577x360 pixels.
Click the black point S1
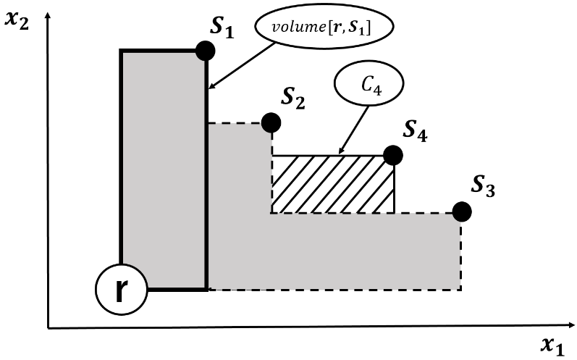(x=206, y=51)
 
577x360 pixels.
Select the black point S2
(x=271, y=122)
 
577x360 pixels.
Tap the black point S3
(x=462, y=212)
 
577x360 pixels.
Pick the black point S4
(x=393, y=155)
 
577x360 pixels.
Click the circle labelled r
(x=121, y=289)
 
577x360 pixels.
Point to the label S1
(x=222, y=28)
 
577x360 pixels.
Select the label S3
(x=483, y=186)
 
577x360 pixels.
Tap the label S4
(x=415, y=131)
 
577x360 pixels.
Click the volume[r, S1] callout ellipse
(x=324, y=27)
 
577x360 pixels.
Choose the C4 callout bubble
(x=369, y=84)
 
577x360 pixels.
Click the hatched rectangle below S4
(x=333, y=184)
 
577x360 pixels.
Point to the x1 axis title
(x=552, y=346)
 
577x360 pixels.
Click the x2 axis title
(x=17, y=19)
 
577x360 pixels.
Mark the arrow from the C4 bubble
(x=353, y=130)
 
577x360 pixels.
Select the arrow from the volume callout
(x=242, y=66)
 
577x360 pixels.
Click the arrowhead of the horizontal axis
(x=571, y=325)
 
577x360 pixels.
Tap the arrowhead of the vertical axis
(x=47, y=14)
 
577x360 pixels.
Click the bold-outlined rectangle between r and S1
(x=164, y=169)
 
